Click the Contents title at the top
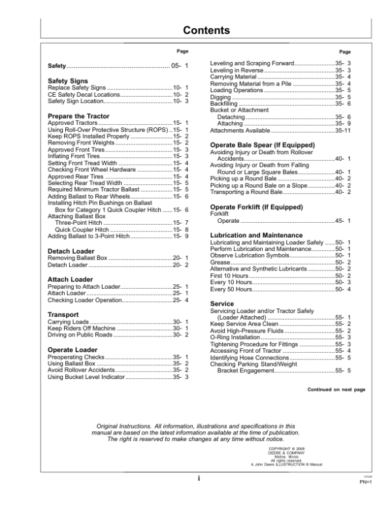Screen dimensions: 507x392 [206, 31]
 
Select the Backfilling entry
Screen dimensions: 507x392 [224, 103]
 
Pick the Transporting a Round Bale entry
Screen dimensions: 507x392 [246, 193]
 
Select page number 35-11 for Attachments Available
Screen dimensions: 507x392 [343, 131]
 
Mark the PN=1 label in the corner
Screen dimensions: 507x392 [365, 483]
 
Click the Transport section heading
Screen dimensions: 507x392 [63, 314]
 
